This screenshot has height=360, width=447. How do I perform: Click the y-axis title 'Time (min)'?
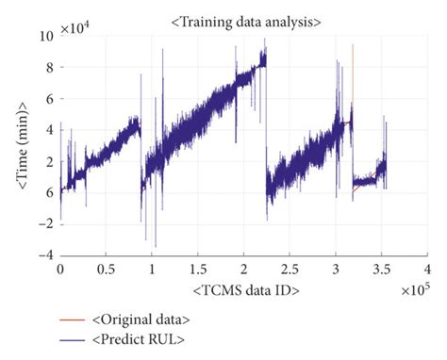click(21, 145)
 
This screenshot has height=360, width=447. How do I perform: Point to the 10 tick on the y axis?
click(47, 37)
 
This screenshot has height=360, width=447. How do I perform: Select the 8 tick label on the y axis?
click(50, 68)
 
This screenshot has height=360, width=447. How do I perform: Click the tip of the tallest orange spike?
click(353, 44)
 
